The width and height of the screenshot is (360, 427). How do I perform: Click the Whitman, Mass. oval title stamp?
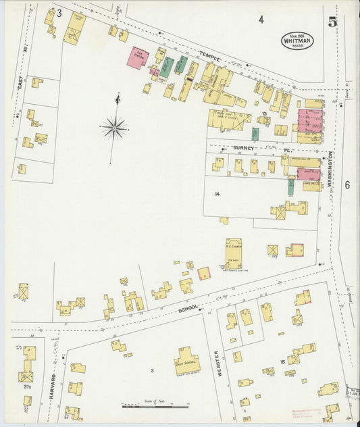click(298, 41)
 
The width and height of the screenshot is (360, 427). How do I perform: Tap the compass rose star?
click(115, 126)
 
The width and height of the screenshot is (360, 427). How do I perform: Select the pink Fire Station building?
click(137, 57)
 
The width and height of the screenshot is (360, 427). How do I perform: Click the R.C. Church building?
click(234, 253)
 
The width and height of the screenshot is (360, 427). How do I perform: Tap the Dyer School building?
click(188, 361)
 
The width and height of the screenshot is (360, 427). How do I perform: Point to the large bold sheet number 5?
click(332, 22)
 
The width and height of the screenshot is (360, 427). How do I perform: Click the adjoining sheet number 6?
click(347, 184)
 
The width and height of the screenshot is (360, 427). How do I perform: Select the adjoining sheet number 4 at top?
click(261, 20)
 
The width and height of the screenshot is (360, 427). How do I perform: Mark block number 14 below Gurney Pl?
click(217, 194)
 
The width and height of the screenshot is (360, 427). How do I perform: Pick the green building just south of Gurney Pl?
click(291, 184)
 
